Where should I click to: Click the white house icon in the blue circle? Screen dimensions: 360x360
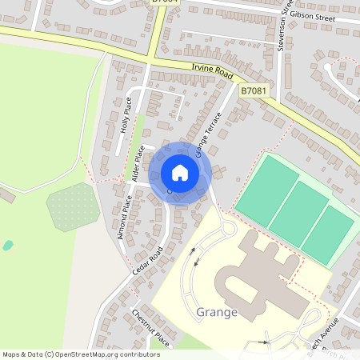click(x=180, y=173)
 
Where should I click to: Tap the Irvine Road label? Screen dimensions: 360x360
click(x=212, y=73)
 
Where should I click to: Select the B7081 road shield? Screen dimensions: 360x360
click(x=253, y=91)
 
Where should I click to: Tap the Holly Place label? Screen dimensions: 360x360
click(x=125, y=114)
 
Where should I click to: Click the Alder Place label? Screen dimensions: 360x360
click(x=137, y=163)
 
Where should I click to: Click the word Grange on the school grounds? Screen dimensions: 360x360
click(x=217, y=312)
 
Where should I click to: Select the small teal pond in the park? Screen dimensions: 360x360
click(x=8, y=246)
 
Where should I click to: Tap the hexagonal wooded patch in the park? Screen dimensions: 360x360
click(x=73, y=207)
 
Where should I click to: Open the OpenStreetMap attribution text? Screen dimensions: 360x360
click(x=81, y=354)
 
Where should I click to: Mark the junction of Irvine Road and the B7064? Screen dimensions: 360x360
click(x=150, y=62)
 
